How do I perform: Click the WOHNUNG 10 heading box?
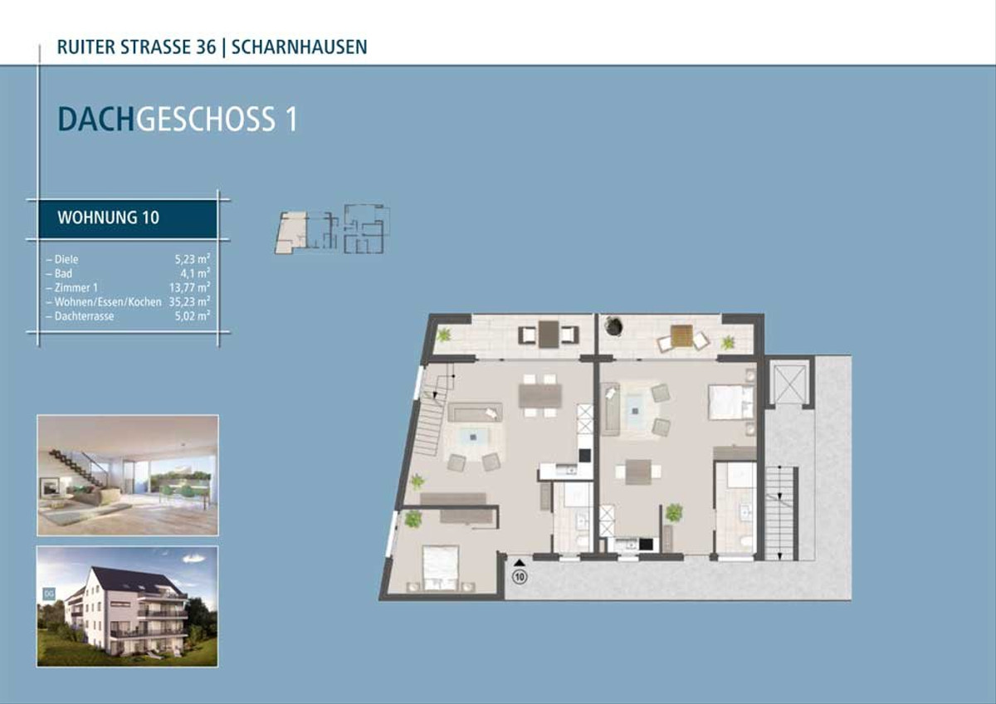click(128, 218)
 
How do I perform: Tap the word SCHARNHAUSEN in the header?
click(300, 47)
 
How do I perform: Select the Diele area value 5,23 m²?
click(192, 259)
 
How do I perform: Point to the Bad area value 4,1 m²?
click(195, 273)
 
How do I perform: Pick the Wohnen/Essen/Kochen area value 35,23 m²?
click(189, 302)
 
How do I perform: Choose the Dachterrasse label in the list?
click(80, 316)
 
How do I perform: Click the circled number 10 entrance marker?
click(520, 577)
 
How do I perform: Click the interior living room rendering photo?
click(128, 475)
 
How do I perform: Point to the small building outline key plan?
click(332, 229)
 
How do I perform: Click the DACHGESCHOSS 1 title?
click(178, 120)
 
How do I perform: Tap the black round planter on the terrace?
click(613, 325)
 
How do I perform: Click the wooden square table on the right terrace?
click(681, 335)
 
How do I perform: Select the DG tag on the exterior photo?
click(48, 594)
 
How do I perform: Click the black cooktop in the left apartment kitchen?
click(584, 456)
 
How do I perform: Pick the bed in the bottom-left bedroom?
click(440, 568)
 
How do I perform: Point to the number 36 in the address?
click(206, 47)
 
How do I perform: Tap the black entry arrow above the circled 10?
click(520, 564)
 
